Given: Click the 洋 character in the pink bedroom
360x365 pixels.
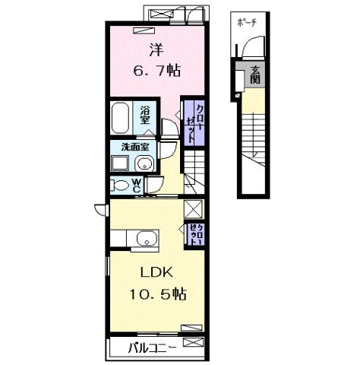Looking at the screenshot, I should tap(156, 52).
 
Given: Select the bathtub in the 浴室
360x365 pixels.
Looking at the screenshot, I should tap(122, 118).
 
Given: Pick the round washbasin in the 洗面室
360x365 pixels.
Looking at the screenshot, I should tap(145, 163).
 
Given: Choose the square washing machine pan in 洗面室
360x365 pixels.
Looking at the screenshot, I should tap(120, 163).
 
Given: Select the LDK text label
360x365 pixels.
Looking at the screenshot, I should tap(156, 272).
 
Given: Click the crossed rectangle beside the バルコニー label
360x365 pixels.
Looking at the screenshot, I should tap(193, 347).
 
